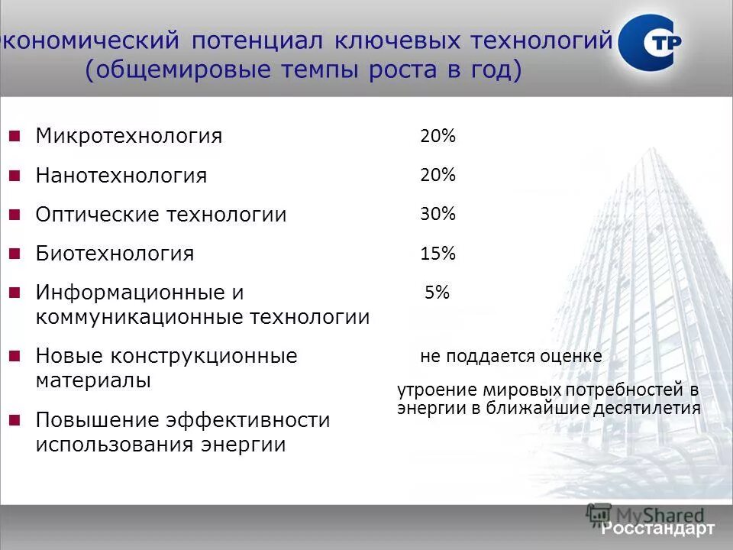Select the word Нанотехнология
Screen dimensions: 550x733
tap(121, 176)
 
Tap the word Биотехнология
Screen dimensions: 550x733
tap(115, 253)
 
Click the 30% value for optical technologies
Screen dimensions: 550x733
tap(438, 214)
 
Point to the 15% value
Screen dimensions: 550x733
tap(438, 254)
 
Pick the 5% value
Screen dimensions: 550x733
tap(438, 292)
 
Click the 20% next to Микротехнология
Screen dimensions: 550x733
tap(438, 137)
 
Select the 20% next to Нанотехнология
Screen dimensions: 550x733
tap(438, 175)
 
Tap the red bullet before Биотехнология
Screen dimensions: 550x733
tap(14, 253)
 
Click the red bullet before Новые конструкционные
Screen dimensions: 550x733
tap(14, 355)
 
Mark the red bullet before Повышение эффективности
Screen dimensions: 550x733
tap(14, 419)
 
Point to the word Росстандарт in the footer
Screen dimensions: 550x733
tap(657, 529)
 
